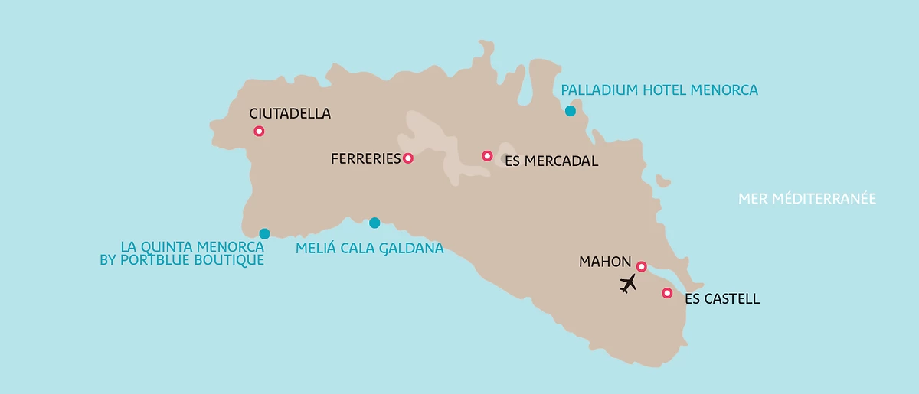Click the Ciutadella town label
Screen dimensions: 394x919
tap(289, 113)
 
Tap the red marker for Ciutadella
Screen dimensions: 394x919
tap(259, 132)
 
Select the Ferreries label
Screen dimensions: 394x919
tap(365, 158)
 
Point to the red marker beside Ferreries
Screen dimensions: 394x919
tap(408, 158)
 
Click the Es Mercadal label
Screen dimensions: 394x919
tap(551, 161)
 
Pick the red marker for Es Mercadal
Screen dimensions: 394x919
tap(487, 156)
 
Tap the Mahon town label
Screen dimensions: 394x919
tap(605, 262)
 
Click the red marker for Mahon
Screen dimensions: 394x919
tap(642, 266)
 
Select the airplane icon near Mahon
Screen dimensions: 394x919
tap(628, 284)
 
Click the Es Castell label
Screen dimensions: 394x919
tap(722, 299)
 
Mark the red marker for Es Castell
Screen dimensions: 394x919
tap(667, 293)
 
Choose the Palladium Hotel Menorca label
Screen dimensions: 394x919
tap(659, 90)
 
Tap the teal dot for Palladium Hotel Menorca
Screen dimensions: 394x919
tap(570, 111)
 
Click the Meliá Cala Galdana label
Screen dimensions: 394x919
tap(369, 248)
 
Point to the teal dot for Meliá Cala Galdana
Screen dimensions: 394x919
tap(374, 223)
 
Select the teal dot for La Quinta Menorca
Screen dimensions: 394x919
tap(264, 233)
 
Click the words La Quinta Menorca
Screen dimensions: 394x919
tap(192, 247)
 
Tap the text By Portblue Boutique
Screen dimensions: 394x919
tap(182, 260)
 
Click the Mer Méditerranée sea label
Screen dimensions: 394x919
tap(806, 199)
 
